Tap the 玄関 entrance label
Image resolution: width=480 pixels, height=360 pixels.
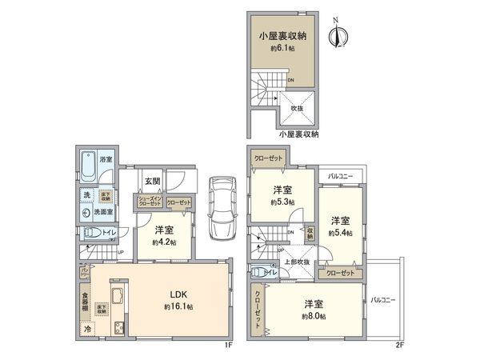point(153,182)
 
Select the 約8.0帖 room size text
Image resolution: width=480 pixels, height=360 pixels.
point(314,316)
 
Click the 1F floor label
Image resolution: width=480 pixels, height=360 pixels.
point(227,346)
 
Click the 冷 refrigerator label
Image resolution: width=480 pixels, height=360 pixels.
point(86,329)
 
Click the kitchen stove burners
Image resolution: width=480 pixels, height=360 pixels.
point(119,327)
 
